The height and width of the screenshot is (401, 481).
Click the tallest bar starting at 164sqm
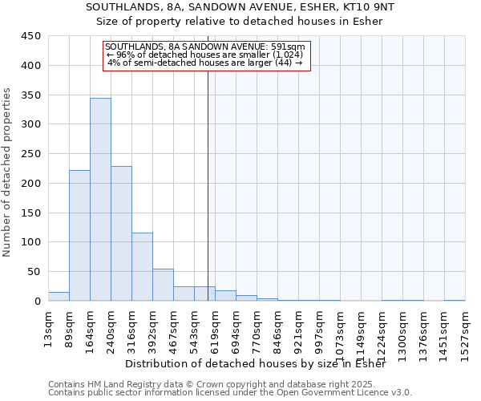pos(100,200)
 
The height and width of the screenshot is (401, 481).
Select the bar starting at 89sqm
pos(79,236)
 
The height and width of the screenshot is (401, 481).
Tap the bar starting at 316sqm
pos(142,267)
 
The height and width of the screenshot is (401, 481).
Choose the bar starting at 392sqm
pos(163,285)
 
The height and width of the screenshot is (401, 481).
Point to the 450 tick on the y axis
pos(31,36)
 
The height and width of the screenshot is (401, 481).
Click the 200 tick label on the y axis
pos(31,184)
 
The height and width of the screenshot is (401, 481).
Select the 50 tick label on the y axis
pos(34,272)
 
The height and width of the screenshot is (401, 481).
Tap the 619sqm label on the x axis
pos(215,329)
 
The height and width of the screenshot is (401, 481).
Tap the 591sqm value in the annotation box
pos(289,47)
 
